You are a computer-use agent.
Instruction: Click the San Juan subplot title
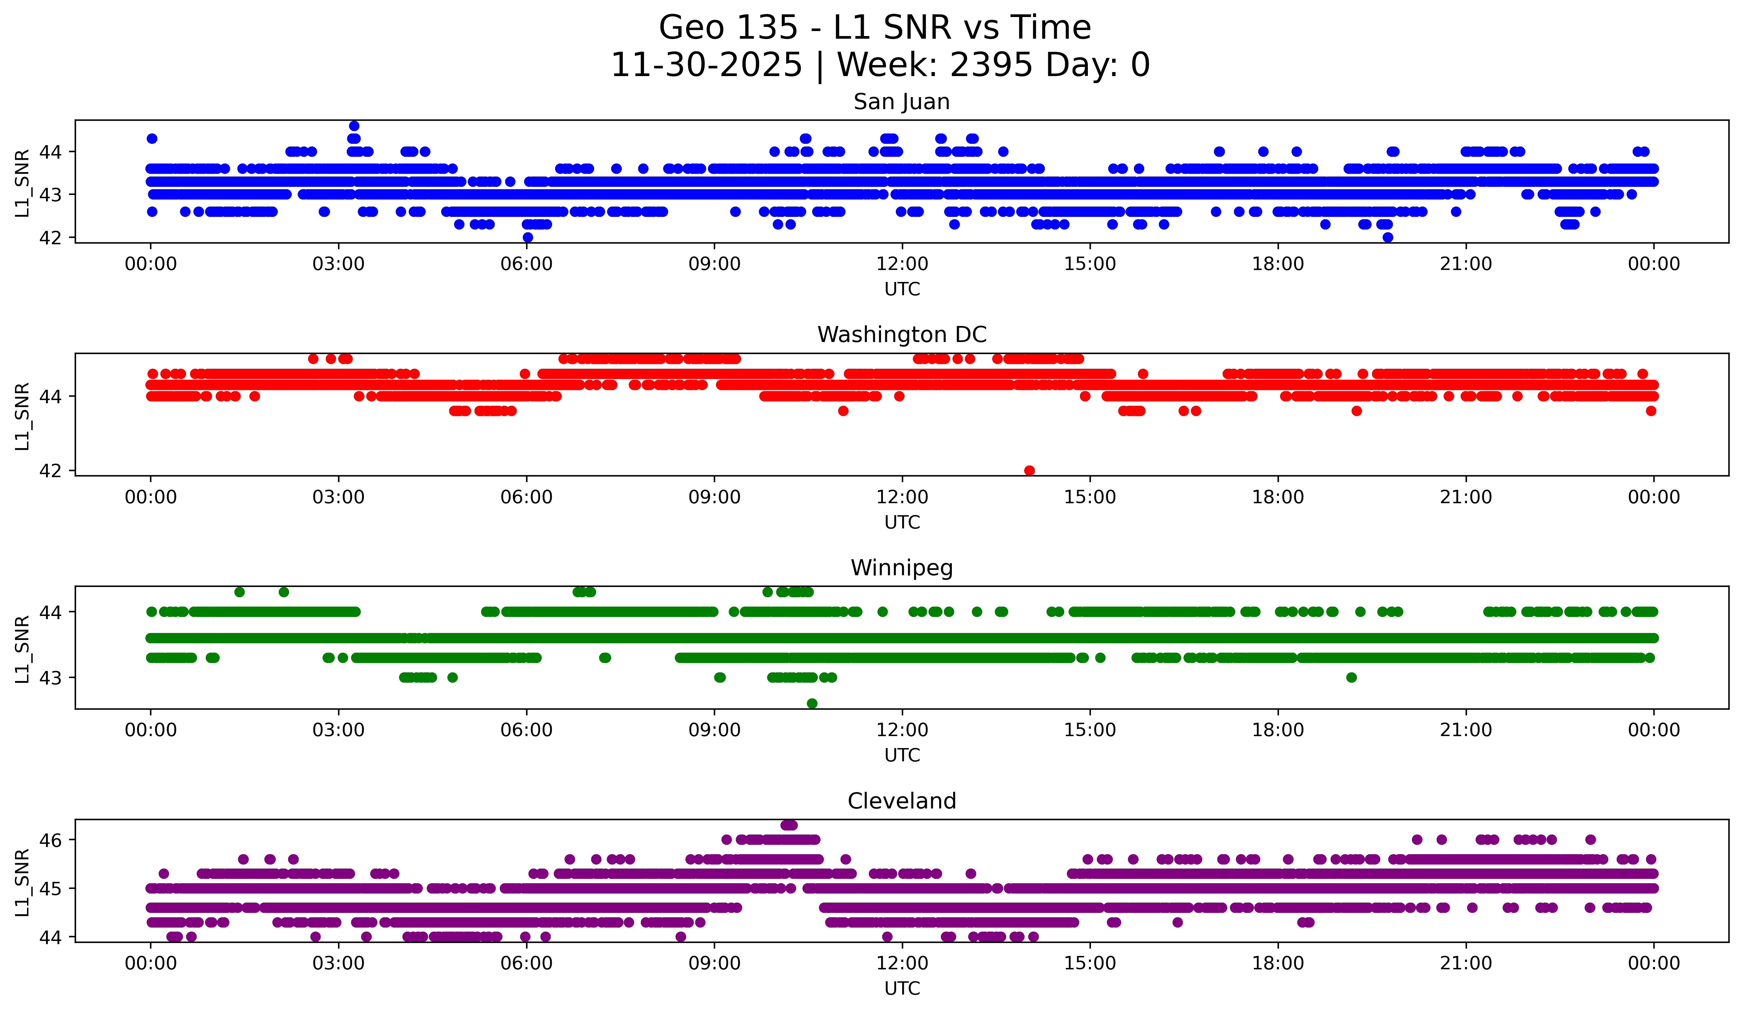(902, 102)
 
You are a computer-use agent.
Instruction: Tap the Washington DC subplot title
(902, 335)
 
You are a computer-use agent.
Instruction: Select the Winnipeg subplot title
(902, 568)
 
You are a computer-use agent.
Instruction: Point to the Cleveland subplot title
(902, 801)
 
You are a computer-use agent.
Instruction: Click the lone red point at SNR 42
(1029, 470)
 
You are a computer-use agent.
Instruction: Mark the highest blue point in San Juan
(354, 126)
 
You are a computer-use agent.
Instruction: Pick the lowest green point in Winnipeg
(812, 703)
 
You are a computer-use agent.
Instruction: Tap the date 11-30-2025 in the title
(706, 65)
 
